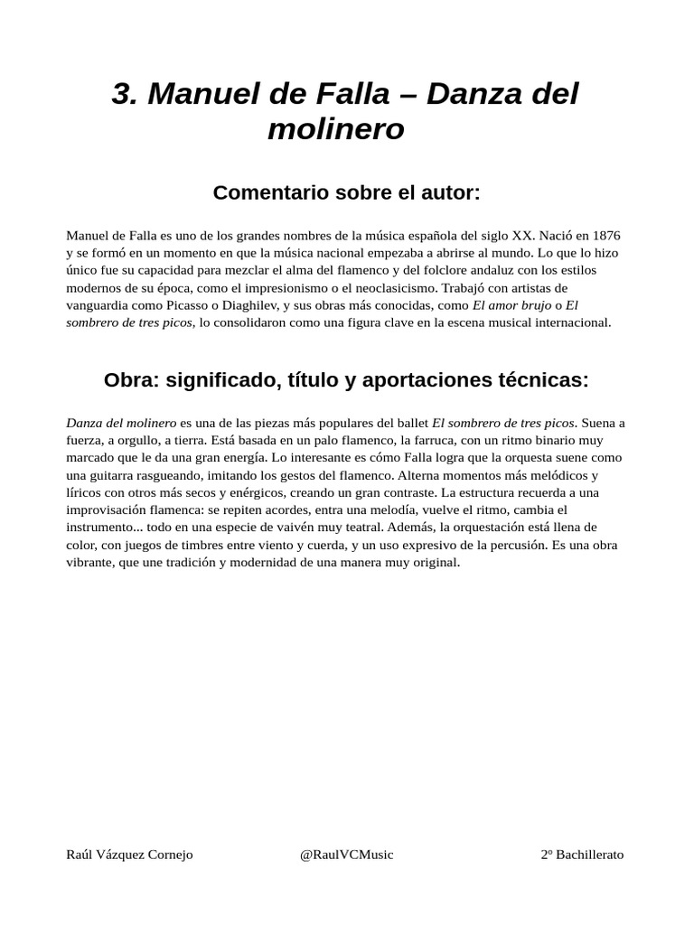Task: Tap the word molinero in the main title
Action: [x=336, y=129]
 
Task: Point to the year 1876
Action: [x=601, y=235]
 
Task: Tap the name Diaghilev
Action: [x=246, y=304]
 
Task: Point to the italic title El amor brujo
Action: [x=511, y=304]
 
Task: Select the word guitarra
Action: [x=112, y=475]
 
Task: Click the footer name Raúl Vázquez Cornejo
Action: [x=130, y=855]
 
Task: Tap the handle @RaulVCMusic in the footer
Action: [x=346, y=855]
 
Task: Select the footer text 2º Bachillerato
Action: [x=582, y=855]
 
